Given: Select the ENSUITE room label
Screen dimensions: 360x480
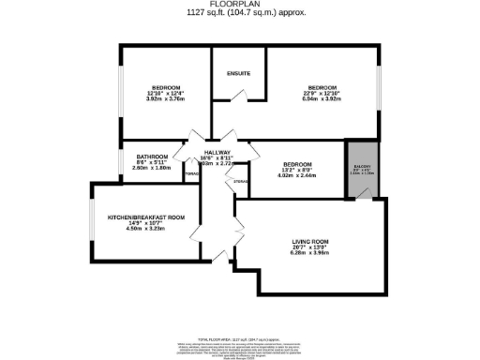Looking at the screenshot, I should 238,73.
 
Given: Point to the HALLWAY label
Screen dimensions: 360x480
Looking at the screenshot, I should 217,152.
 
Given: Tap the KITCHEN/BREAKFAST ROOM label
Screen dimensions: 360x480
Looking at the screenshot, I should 145,217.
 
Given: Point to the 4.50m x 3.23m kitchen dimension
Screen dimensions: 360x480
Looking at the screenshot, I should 145,232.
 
